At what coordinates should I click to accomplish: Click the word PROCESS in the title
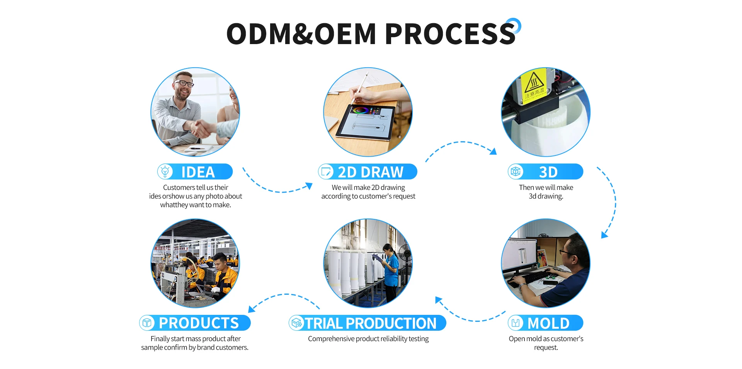click(450, 34)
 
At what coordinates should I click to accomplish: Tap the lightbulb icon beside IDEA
click(165, 171)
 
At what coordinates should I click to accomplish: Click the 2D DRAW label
click(370, 172)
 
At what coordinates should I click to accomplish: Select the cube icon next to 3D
click(516, 171)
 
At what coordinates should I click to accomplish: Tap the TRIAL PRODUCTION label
click(371, 323)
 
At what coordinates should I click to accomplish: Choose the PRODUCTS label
click(199, 323)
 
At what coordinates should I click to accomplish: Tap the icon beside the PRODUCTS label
click(147, 323)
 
